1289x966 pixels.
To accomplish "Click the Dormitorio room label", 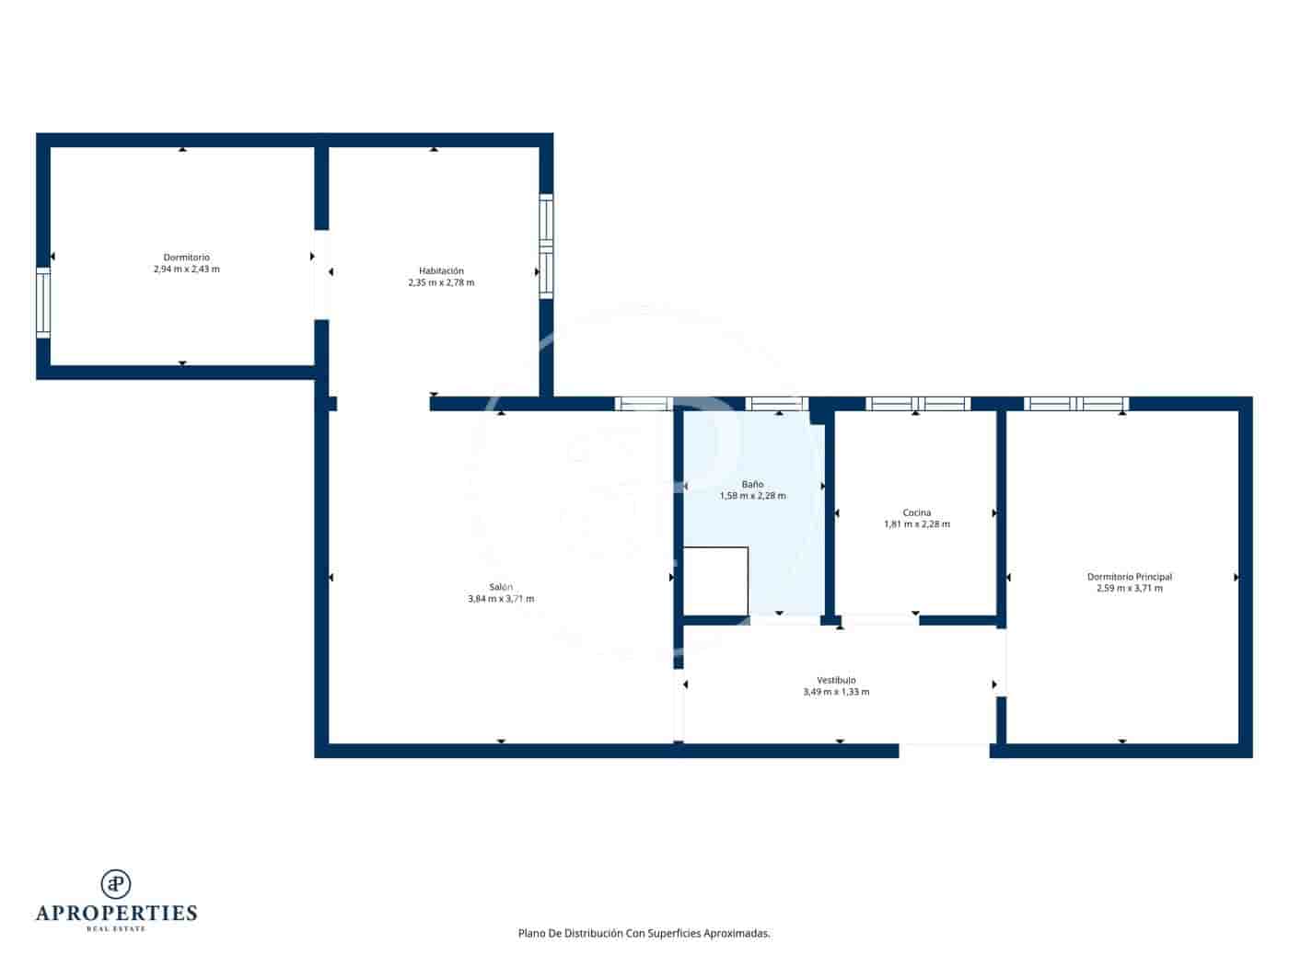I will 186,258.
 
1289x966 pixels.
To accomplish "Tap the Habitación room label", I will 441,271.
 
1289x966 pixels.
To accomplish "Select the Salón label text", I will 501,587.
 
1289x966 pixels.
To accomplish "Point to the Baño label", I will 752,484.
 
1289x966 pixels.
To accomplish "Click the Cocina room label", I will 916,512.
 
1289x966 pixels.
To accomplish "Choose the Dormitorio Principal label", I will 1129,577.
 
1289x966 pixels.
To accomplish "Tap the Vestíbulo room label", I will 836,680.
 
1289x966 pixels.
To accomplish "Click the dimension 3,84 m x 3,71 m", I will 501,599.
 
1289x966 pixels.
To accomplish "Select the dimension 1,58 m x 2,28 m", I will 752,496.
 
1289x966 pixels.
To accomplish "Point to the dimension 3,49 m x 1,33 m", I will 836,692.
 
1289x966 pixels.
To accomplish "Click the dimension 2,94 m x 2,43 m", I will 186,270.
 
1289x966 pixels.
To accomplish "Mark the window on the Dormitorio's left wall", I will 43,303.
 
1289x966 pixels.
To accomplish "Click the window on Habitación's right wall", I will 546,246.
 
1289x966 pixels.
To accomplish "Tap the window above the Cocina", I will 917,404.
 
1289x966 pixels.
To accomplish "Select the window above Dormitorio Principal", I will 1075,404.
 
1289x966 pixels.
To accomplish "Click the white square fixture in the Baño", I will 715,581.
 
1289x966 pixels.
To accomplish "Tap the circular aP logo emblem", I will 116,883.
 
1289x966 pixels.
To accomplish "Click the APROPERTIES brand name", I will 116,913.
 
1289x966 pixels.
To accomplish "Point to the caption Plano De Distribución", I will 644,933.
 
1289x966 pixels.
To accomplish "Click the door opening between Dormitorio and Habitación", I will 321,274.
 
